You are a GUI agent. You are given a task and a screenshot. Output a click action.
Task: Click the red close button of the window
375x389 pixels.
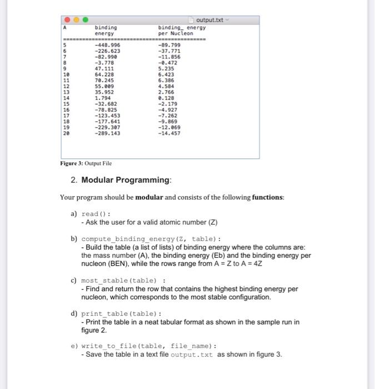[67, 19]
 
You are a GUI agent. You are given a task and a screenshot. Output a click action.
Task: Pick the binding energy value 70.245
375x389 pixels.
[105, 80]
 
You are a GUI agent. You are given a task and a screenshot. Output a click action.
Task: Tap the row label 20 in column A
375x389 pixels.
[66, 133]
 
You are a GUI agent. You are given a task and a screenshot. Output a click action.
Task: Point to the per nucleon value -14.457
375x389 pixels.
[169, 133]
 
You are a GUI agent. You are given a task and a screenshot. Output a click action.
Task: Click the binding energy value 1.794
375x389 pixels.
[103, 98]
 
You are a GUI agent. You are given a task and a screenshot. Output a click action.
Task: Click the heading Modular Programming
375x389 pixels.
[127, 180]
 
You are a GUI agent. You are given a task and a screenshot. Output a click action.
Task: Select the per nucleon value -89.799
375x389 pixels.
[169, 45]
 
